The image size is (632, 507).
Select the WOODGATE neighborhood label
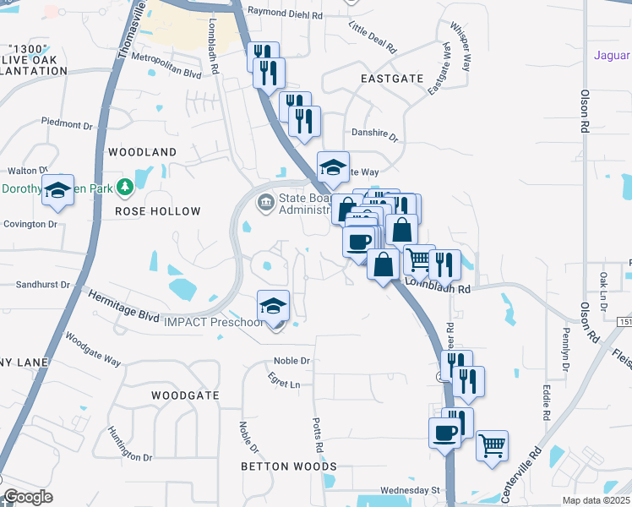point(185,395)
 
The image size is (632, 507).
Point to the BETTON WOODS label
point(288,466)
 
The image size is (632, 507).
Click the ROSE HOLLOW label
point(158,211)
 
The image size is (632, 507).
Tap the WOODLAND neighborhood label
point(143,152)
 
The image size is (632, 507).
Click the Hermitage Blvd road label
point(124,305)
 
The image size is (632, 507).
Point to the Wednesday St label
point(411,490)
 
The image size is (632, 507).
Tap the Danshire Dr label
point(374,135)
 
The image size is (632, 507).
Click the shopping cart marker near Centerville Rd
point(492,444)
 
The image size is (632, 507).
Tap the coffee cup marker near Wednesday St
point(444,433)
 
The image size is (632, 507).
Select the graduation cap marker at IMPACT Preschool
point(273,306)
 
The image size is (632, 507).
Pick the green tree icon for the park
point(125,185)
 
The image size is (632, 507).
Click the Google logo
point(27,497)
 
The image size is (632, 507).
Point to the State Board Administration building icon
point(266,201)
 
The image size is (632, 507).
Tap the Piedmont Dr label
point(65,122)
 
